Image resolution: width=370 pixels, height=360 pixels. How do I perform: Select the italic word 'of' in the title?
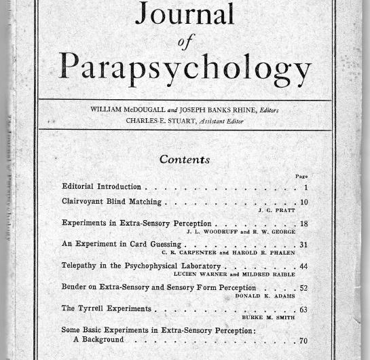[x=185, y=42]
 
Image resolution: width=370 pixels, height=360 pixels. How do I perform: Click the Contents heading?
[x=184, y=160]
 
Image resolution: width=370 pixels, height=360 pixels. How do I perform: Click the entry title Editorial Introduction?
[x=101, y=187]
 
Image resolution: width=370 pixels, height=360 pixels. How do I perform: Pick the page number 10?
[x=303, y=202]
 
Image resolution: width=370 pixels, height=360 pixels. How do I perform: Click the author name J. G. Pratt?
[x=275, y=211]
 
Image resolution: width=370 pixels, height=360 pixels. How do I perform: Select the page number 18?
[x=303, y=223]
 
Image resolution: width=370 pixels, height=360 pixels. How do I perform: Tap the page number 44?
[x=303, y=266]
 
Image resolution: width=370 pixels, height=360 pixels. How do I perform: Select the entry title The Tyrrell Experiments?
[x=106, y=308]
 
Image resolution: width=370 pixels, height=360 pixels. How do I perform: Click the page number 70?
[x=303, y=341]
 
